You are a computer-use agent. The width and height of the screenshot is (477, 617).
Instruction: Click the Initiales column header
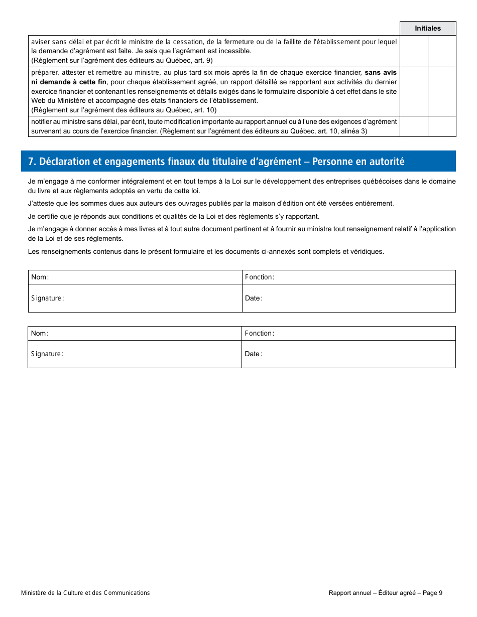(428, 29)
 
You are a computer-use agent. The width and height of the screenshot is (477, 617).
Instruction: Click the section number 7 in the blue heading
(31, 162)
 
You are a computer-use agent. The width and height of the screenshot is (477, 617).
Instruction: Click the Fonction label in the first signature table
(259, 277)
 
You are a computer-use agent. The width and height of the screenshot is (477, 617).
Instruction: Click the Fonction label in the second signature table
(259, 334)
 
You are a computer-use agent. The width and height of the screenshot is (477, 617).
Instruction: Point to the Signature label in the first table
(47, 298)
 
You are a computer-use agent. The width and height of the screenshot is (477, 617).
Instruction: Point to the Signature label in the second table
(47, 354)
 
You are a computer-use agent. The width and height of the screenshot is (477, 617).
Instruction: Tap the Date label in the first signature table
(254, 298)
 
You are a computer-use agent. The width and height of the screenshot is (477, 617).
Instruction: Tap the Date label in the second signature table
(254, 354)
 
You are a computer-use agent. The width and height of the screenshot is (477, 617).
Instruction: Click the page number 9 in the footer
(440, 593)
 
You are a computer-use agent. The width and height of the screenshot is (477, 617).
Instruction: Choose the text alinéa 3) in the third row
(353, 131)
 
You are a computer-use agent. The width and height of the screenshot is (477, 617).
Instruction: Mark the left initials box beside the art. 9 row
(414, 51)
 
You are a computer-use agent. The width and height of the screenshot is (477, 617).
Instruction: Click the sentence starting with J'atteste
(211, 204)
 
